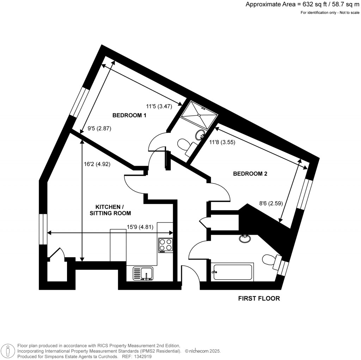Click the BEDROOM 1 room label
[x=129, y=115]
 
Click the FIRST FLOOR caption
[x=259, y=299]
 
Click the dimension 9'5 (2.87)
[x=99, y=129]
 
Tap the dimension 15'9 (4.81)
[x=140, y=227]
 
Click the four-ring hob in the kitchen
[x=166, y=245]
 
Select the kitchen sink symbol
[x=143, y=274]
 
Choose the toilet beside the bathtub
[x=270, y=259]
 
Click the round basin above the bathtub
[x=245, y=239]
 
